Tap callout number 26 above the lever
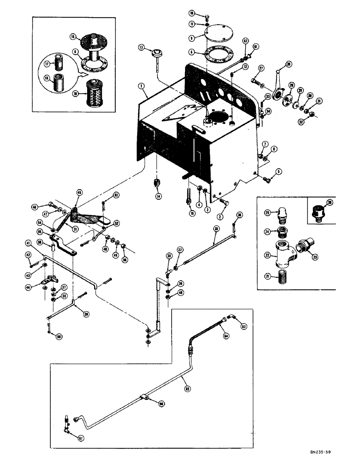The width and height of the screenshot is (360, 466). tap(289, 64)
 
